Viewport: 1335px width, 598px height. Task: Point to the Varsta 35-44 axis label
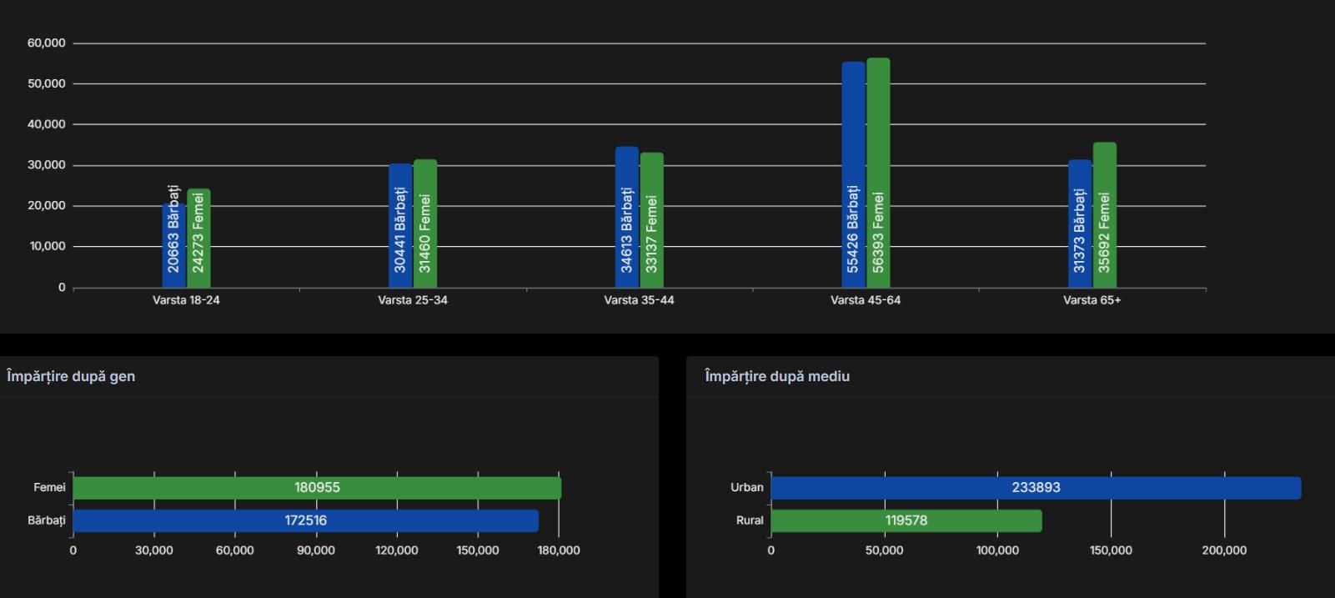coord(639,300)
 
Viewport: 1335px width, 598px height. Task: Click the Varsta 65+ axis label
coord(1092,300)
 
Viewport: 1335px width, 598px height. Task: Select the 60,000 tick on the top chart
coord(47,43)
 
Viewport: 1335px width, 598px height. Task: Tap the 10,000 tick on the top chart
coord(47,247)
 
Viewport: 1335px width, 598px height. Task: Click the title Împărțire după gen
coord(71,376)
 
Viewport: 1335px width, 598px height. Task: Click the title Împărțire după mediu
coord(777,376)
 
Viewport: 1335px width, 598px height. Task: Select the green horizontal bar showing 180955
coord(317,488)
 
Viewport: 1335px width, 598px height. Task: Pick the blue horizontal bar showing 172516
coord(305,520)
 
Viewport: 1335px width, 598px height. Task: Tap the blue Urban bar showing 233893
coord(1036,488)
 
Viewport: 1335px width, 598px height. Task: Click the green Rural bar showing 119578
coord(906,520)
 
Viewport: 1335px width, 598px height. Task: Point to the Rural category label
coord(750,520)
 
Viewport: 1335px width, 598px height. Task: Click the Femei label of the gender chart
coord(49,488)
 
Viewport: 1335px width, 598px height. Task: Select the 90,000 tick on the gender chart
coord(316,550)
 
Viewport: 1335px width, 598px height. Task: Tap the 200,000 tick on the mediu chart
coord(1224,550)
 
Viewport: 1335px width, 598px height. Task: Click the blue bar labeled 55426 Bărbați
coord(853,175)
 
